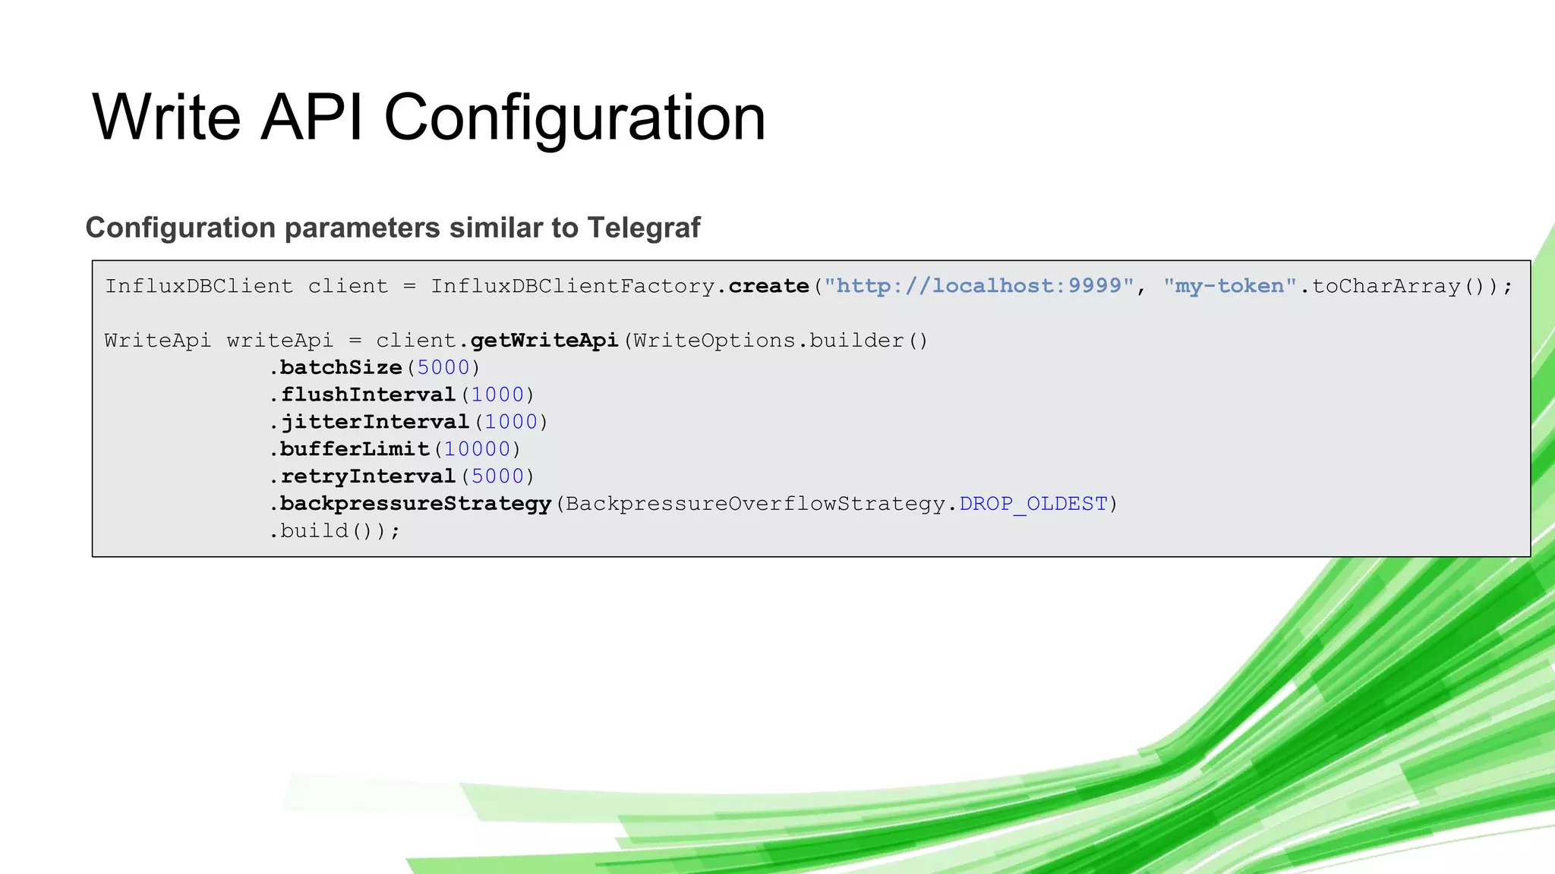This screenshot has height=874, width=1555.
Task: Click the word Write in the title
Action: [166, 118]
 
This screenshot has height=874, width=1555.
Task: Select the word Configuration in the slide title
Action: [575, 118]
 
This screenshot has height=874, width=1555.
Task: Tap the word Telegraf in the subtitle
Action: [643, 228]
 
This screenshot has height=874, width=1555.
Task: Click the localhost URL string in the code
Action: [979, 286]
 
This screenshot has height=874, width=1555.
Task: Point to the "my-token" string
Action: [1229, 286]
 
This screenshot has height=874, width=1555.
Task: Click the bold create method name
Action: [768, 286]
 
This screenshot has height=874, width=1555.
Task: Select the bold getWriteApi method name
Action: [544, 341]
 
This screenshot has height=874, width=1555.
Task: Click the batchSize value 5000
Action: [443, 368]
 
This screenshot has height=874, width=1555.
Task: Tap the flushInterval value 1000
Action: [497, 395]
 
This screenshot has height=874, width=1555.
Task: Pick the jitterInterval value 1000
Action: [511, 423]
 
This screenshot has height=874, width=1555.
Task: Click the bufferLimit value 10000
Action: [477, 450]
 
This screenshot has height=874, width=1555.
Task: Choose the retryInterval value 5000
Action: [497, 477]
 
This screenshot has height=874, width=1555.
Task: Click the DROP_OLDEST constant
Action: [1033, 505]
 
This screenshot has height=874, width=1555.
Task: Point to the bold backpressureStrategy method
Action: [415, 505]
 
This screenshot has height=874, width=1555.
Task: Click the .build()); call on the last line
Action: [335, 531]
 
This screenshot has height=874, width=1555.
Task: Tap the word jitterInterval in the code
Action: [375, 423]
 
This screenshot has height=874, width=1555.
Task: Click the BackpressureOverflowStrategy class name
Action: [755, 505]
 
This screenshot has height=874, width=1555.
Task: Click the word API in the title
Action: [312, 118]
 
